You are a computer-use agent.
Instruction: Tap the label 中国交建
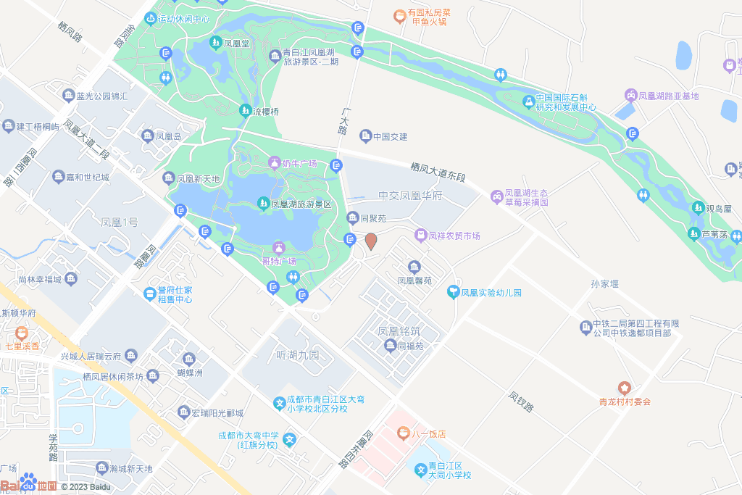(391, 136)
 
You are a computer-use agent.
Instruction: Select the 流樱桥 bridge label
(265, 112)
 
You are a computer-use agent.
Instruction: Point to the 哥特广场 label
(278, 261)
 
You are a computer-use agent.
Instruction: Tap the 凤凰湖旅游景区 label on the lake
(301, 204)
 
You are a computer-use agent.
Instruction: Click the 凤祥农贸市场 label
(454, 236)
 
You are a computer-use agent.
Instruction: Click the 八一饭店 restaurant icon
(404, 433)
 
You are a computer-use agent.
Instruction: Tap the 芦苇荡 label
(715, 234)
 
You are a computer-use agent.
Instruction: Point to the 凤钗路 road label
(521, 402)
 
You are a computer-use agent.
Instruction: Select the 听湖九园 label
(298, 355)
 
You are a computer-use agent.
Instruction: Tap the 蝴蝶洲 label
(190, 373)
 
